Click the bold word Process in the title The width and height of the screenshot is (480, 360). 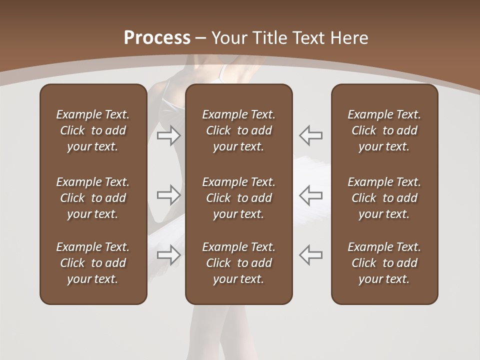pos(157,38)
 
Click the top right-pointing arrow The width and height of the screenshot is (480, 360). pos(169,135)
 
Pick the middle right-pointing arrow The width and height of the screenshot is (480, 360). pos(169,195)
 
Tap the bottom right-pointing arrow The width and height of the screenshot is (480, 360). pos(169,255)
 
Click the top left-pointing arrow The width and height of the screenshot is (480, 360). pos(310,135)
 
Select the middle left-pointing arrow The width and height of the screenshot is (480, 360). pos(310,195)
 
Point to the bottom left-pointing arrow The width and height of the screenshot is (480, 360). pos(310,255)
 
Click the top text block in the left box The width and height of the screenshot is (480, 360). pos(93,130)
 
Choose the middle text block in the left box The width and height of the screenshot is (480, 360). pos(93,198)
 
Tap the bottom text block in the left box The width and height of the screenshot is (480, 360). pos(93,263)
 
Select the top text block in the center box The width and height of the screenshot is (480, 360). pos(238,130)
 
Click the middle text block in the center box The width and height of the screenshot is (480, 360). pos(238,198)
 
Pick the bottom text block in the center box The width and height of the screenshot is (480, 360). pos(238,263)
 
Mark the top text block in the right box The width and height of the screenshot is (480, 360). pos(384,130)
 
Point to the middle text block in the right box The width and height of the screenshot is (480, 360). pos(384,198)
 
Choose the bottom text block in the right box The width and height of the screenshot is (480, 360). pos(384,263)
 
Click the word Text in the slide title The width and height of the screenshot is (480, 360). pos(307,38)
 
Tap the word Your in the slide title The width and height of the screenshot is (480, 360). pos(229,38)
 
